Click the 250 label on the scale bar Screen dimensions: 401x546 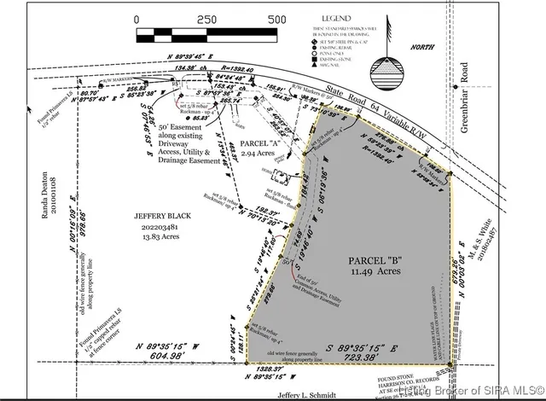click(206, 19)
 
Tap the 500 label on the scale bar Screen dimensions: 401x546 click(276, 19)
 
